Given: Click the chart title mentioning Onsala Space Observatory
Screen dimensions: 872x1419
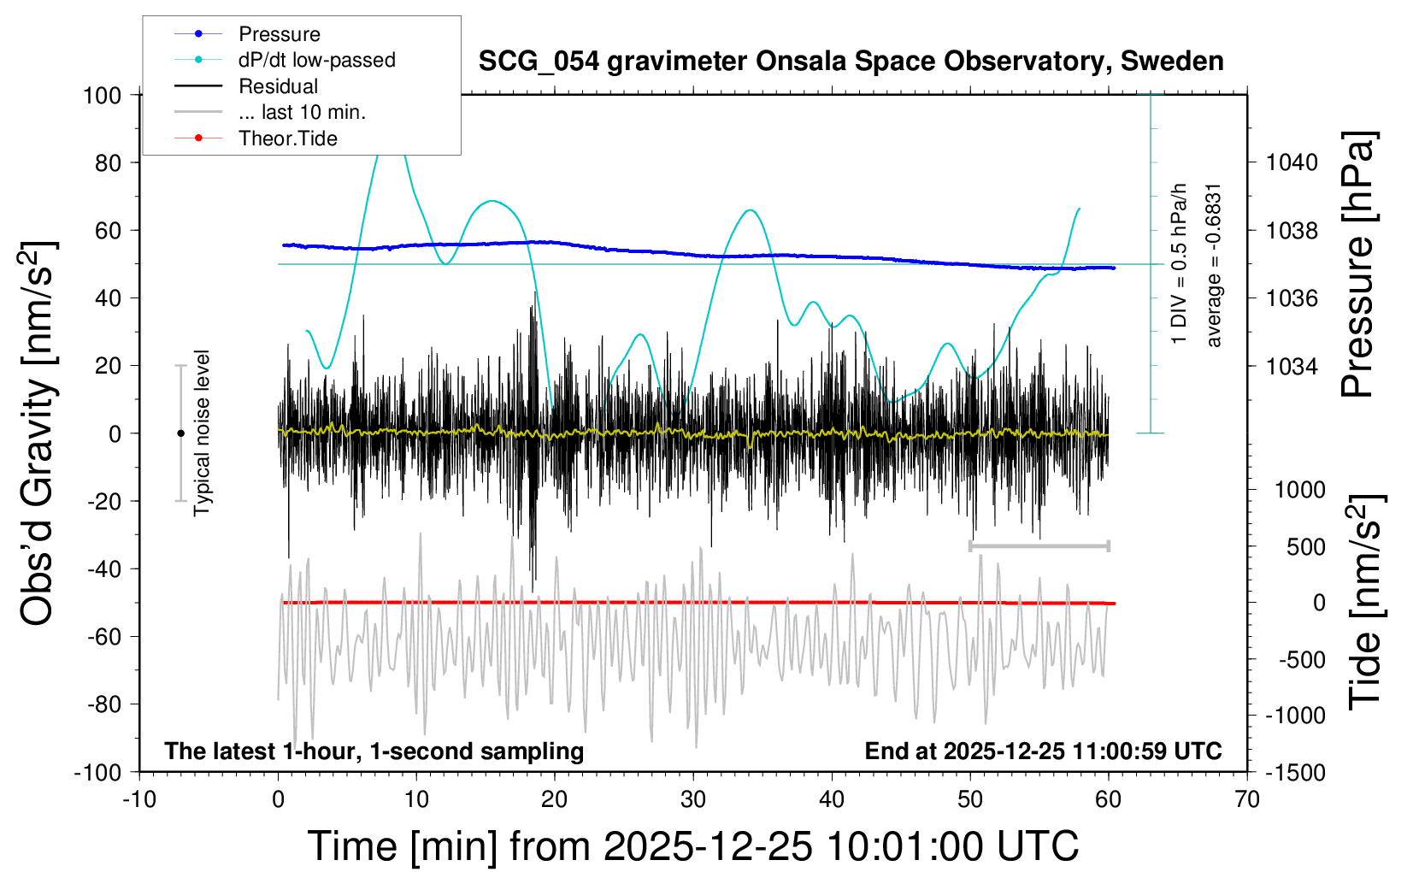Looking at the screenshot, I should click(x=851, y=62).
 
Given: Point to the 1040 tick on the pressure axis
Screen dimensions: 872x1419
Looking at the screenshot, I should click(x=1292, y=162).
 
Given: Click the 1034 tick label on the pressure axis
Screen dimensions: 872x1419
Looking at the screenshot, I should click(x=1292, y=366).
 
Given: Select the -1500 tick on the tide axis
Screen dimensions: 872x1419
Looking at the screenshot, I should click(x=1295, y=773).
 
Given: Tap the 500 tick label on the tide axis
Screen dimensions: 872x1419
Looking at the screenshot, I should click(x=1305, y=547).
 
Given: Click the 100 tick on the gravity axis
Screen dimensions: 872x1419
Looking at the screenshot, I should click(x=102, y=95).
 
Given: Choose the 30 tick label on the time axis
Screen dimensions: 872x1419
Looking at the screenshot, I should click(x=693, y=800).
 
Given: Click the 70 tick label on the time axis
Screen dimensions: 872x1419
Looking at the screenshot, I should click(x=1247, y=800).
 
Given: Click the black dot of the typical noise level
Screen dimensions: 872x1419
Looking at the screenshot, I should click(x=180, y=433).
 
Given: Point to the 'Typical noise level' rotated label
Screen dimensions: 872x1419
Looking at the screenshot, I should click(x=202, y=433).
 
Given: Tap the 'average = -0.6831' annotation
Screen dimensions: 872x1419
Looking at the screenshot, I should click(x=1214, y=265).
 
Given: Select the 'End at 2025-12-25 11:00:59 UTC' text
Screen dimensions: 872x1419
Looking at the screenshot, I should click(x=1043, y=751).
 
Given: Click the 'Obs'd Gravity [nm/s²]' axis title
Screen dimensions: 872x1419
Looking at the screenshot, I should click(x=39, y=433).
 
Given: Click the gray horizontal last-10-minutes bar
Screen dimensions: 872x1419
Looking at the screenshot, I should click(x=1039, y=545).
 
